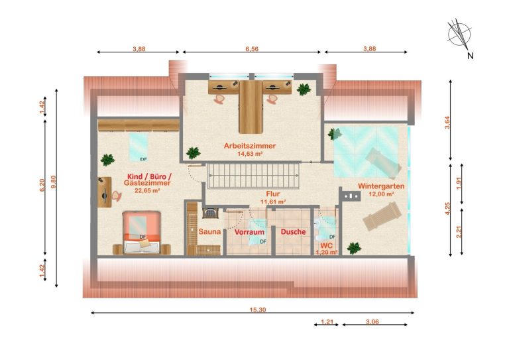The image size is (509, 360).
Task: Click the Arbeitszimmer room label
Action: click(x=250, y=146)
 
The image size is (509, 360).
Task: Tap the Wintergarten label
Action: click(x=381, y=186)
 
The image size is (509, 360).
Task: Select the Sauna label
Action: click(x=209, y=232)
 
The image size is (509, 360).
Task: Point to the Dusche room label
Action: click(x=293, y=232)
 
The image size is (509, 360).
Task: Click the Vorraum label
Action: click(x=249, y=232)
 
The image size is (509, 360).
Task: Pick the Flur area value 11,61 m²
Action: click(x=273, y=202)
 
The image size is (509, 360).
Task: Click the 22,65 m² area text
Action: click(x=147, y=190)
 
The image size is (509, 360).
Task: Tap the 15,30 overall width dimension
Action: click(x=258, y=310)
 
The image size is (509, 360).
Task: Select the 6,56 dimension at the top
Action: click(x=252, y=49)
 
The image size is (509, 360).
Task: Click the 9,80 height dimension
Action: click(x=54, y=182)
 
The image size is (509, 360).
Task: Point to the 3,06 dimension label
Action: click(x=372, y=322)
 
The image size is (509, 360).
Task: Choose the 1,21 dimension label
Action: click(x=327, y=322)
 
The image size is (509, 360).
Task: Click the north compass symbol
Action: click(x=459, y=33)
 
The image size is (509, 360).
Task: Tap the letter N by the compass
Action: click(x=471, y=56)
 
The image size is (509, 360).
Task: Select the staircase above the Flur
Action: click(x=253, y=176)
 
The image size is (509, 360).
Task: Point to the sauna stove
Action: click(x=210, y=213)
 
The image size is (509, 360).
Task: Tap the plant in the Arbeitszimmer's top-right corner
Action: click(x=304, y=90)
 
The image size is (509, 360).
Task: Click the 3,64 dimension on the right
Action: click(x=447, y=123)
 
